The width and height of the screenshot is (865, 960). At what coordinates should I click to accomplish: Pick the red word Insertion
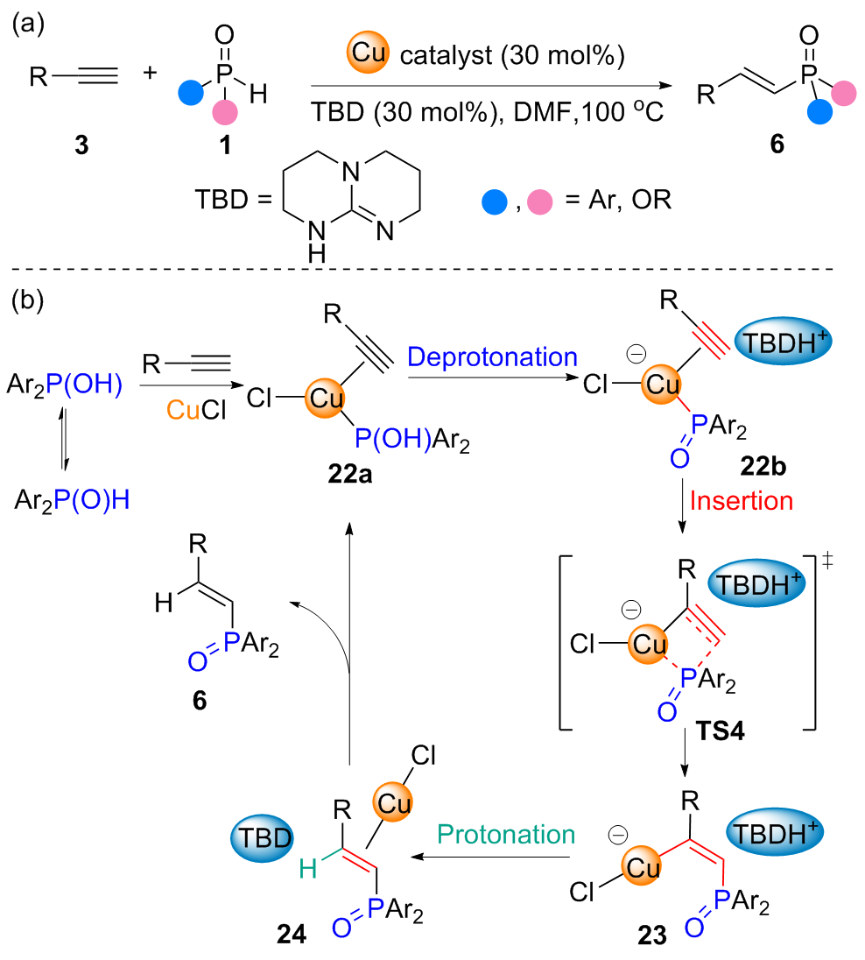(742, 501)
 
